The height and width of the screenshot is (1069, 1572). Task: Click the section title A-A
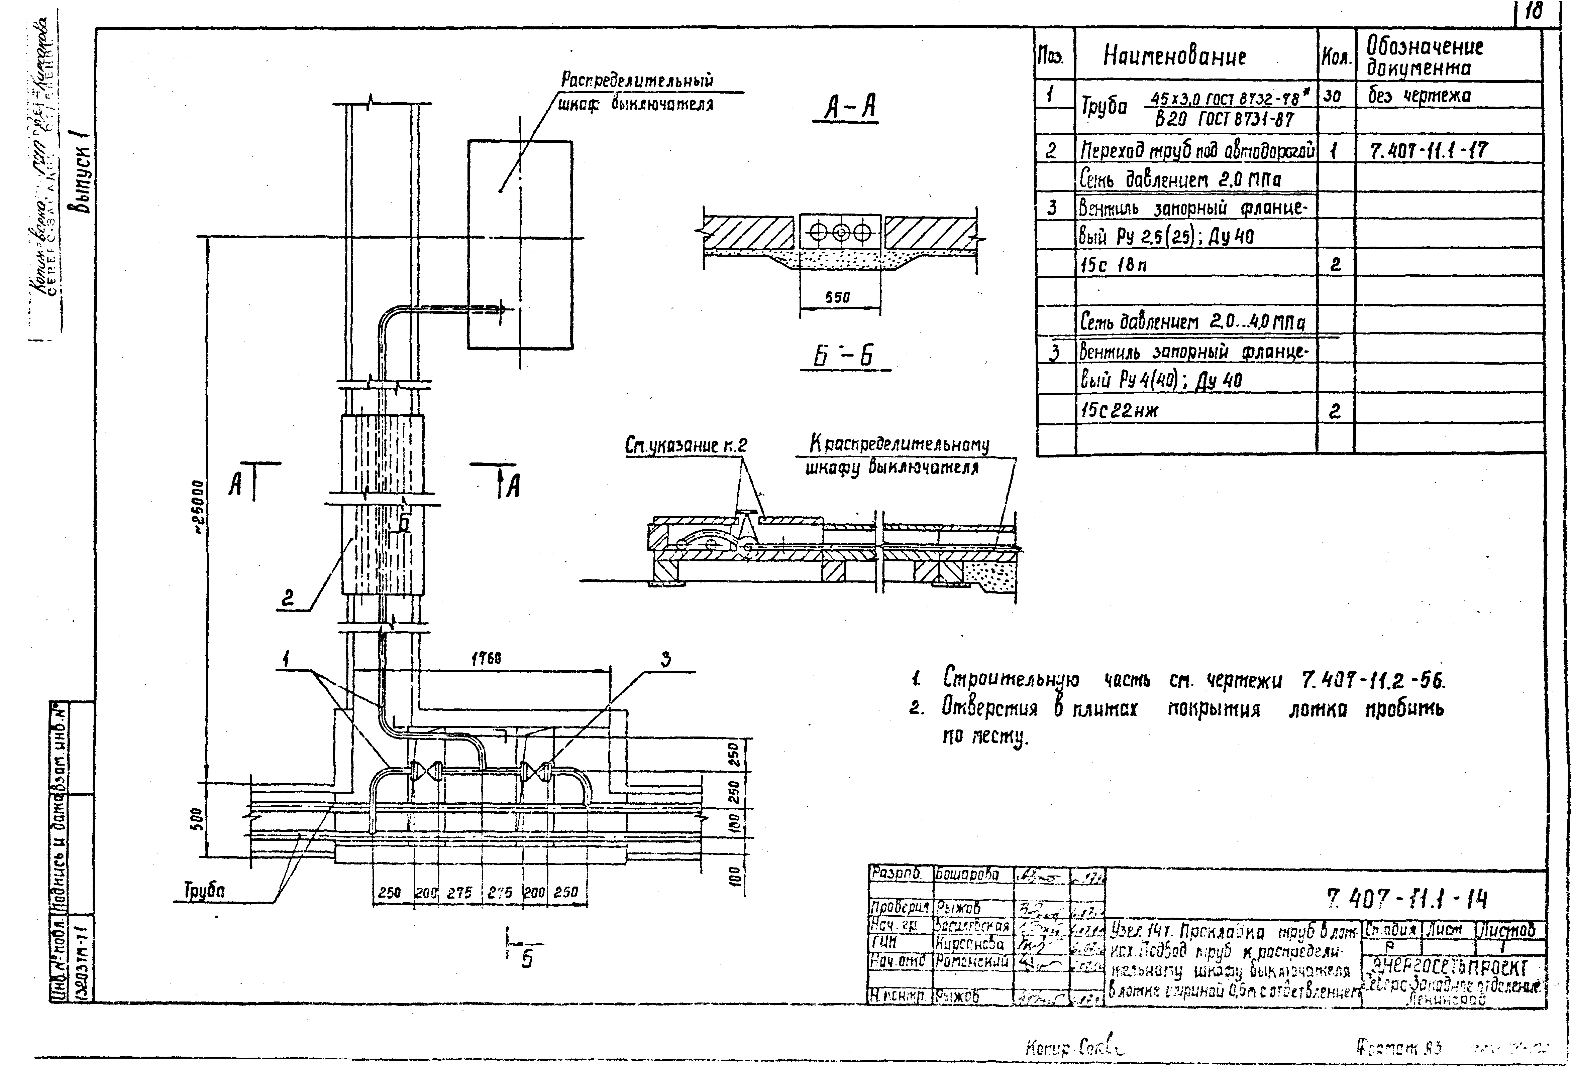click(846, 108)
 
